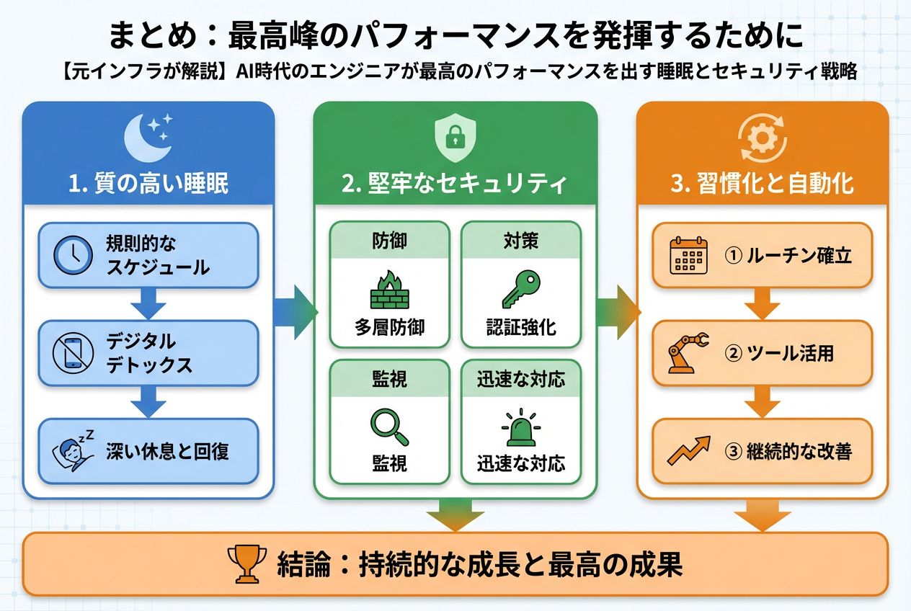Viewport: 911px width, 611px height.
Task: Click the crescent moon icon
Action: point(148,138)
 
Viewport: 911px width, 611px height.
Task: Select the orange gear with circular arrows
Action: point(763,137)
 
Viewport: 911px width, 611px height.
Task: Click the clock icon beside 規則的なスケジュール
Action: point(73,256)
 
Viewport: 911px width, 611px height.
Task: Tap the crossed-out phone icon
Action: point(73,353)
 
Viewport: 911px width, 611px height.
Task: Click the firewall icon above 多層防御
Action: point(389,290)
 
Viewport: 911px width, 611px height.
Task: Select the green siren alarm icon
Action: point(520,427)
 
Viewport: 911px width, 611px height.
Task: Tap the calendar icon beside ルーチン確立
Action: point(688,256)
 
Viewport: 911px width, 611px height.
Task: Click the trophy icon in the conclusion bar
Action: point(246,564)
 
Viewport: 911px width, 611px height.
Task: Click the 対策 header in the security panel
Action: point(520,239)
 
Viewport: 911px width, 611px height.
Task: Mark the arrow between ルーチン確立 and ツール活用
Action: point(763,305)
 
